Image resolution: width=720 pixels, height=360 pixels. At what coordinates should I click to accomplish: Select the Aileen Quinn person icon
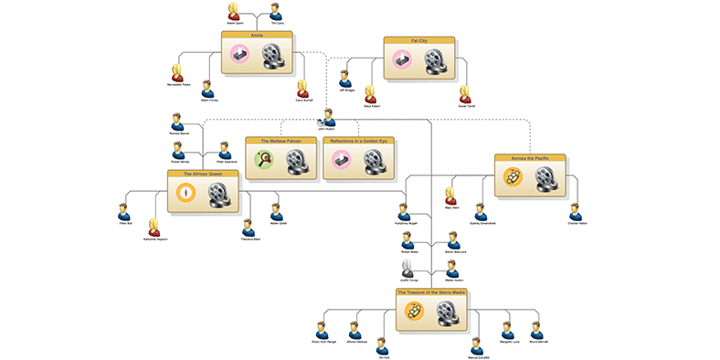(x=234, y=10)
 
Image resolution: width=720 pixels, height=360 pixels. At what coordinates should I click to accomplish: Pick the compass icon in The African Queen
(x=186, y=193)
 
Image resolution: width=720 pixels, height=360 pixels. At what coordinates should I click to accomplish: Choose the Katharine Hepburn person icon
(x=155, y=226)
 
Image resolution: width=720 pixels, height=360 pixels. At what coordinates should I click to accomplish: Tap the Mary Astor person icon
(x=450, y=195)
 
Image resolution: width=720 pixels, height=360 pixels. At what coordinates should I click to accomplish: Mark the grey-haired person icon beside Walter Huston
(x=409, y=269)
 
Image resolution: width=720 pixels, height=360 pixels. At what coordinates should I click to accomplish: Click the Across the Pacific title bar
(x=530, y=158)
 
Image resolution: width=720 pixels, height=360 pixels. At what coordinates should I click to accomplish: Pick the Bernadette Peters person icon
(x=177, y=71)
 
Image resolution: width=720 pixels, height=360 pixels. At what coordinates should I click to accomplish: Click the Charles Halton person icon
(x=575, y=209)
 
